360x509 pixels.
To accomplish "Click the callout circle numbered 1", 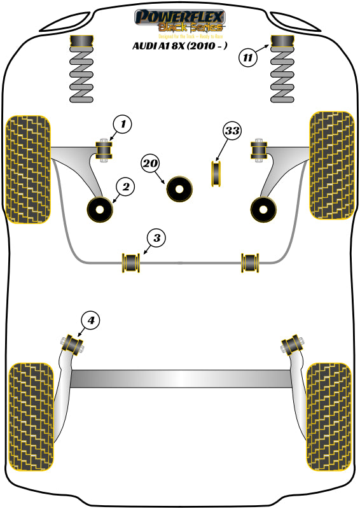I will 122,124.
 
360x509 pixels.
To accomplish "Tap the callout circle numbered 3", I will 157,239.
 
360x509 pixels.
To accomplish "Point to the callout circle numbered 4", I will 91,321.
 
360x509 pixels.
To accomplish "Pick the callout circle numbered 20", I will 150,164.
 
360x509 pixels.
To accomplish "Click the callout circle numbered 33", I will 233,132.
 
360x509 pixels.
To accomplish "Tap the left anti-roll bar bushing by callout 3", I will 130,261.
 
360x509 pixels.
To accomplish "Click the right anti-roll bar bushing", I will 250,261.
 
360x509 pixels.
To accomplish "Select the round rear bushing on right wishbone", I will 261,208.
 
